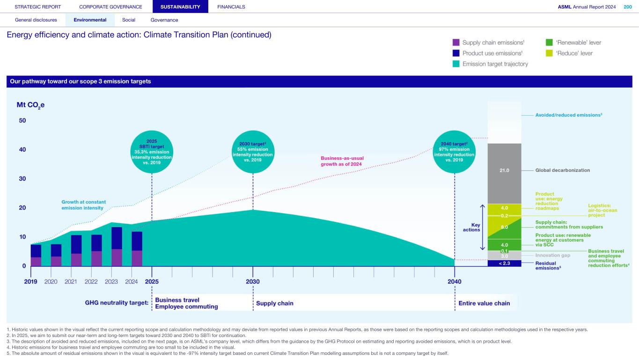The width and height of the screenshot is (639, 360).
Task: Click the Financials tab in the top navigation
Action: coord(231,7)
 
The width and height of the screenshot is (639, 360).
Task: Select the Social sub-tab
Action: coord(128,20)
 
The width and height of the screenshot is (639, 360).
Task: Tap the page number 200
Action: coord(627,7)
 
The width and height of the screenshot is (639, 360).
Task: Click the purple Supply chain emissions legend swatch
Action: coord(456,43)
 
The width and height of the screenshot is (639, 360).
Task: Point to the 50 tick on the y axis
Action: coord(22,121)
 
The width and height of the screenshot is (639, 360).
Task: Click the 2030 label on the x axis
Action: coord(253,282)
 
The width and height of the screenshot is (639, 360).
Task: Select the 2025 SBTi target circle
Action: coord(152,152)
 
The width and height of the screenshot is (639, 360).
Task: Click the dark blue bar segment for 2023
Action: coord(117,238)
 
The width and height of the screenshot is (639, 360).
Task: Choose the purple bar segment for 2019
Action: coord(36,261)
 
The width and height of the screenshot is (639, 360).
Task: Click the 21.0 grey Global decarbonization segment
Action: coord(504,170)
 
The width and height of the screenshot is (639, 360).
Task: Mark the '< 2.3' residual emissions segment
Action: coord(504,263)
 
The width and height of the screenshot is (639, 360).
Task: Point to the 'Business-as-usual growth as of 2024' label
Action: coord(342,161)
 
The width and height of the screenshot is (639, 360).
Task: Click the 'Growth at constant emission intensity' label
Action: coord(84,205)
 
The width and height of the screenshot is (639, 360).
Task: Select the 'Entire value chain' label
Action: coord(484,303)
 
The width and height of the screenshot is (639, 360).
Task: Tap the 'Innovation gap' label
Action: coord(552,256)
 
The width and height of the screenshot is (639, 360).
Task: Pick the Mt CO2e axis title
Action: coord(30,105)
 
